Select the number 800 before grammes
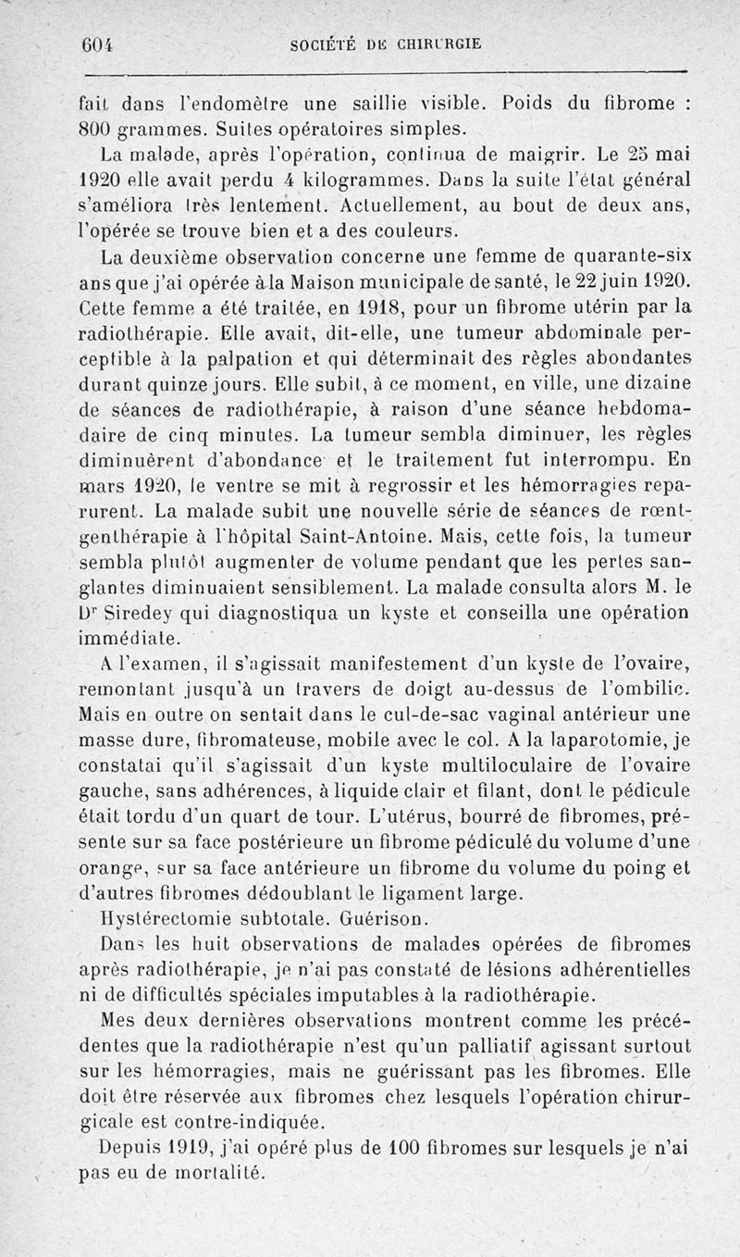tap(92, 126)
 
